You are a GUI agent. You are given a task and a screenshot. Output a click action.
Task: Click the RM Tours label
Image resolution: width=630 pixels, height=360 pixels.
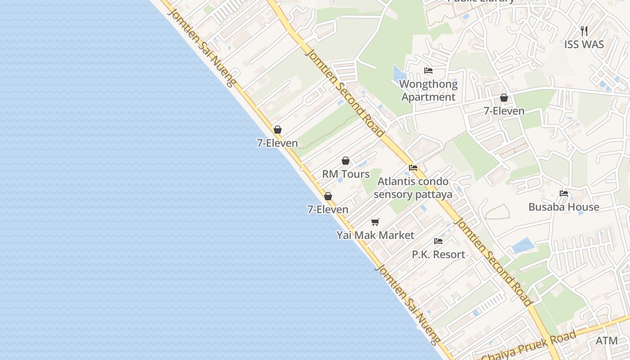346,174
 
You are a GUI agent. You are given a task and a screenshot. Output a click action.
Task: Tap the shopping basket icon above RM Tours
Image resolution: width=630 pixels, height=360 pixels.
346,161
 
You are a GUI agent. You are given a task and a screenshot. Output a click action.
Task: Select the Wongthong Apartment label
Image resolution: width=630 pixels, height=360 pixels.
428,90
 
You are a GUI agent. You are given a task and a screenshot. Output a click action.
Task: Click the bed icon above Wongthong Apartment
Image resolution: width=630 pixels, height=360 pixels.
428,71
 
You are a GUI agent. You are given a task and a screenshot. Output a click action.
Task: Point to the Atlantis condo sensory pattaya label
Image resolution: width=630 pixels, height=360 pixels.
413,188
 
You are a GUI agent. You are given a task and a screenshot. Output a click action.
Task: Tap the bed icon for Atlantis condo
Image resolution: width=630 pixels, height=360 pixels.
413,168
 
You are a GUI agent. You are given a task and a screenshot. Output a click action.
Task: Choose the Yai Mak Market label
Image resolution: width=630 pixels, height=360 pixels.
375,235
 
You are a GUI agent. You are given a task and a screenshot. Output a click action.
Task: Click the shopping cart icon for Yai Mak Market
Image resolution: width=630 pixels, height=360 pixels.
375,222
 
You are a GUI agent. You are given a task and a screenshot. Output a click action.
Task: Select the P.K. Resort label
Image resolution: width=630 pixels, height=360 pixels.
438,254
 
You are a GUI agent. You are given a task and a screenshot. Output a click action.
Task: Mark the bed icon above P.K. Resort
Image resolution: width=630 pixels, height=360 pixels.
438,241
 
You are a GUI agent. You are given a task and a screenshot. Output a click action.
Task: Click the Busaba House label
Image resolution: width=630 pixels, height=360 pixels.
564,207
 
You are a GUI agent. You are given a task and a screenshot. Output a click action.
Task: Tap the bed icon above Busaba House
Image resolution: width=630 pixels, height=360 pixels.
564,193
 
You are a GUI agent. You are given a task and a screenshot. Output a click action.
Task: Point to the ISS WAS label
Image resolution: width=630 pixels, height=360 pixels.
584,45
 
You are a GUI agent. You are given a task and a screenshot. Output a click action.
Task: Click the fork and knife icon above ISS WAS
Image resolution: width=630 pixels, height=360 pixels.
584,31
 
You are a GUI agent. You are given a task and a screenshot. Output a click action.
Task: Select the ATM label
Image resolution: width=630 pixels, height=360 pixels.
607,341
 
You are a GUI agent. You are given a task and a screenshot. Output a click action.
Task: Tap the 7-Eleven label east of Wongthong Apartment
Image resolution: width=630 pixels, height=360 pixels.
504,111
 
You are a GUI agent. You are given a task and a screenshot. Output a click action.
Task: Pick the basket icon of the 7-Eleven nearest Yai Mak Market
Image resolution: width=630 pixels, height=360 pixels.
328,197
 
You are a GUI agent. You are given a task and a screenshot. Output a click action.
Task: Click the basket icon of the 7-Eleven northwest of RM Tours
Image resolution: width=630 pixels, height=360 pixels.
278,130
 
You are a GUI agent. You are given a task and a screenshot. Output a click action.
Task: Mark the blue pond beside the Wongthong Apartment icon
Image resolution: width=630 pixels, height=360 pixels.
399,74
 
